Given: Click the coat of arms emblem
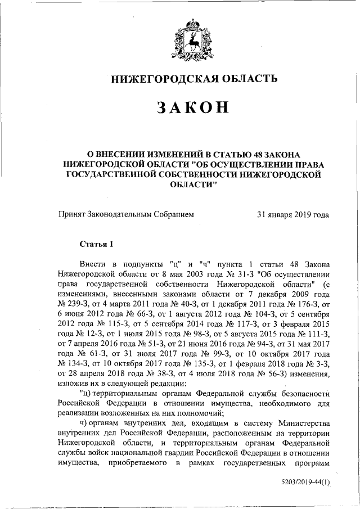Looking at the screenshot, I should tap(193, 39).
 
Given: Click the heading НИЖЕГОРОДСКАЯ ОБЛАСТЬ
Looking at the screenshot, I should tap(193, 79).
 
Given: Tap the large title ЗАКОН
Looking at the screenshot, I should tap(193, 108).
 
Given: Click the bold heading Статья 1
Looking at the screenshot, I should tap(96, 244).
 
